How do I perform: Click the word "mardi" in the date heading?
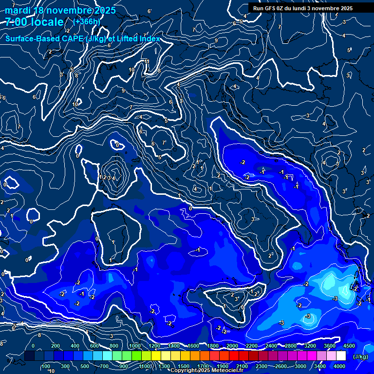coord(17,10)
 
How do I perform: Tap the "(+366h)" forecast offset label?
coord(86,21)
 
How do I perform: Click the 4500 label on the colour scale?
coord(349,346)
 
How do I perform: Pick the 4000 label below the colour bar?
coord(340,366)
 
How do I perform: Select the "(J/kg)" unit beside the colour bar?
coord(360,356)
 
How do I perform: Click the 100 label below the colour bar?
coord(46,366)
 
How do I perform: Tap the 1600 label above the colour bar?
coord(193,346)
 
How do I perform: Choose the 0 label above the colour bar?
coord(33,346)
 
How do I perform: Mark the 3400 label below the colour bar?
coord(320,366)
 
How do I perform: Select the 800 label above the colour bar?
coord(114,346)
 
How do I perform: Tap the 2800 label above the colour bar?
coord(291,346)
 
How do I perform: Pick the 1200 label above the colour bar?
coord(154,346)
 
